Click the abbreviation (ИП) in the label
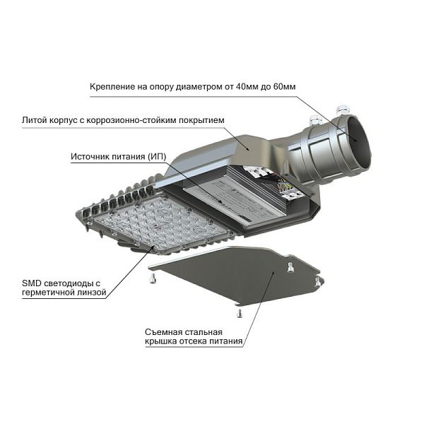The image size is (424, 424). (x=157, y=157)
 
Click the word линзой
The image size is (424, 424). (x=92, y=293)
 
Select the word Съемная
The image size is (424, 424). (x=162, y=332)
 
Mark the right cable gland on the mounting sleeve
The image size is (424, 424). (x=343, y=111)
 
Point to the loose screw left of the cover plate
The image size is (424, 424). (x=153, y=278)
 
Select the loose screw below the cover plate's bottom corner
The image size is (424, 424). (x=240, y=313)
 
